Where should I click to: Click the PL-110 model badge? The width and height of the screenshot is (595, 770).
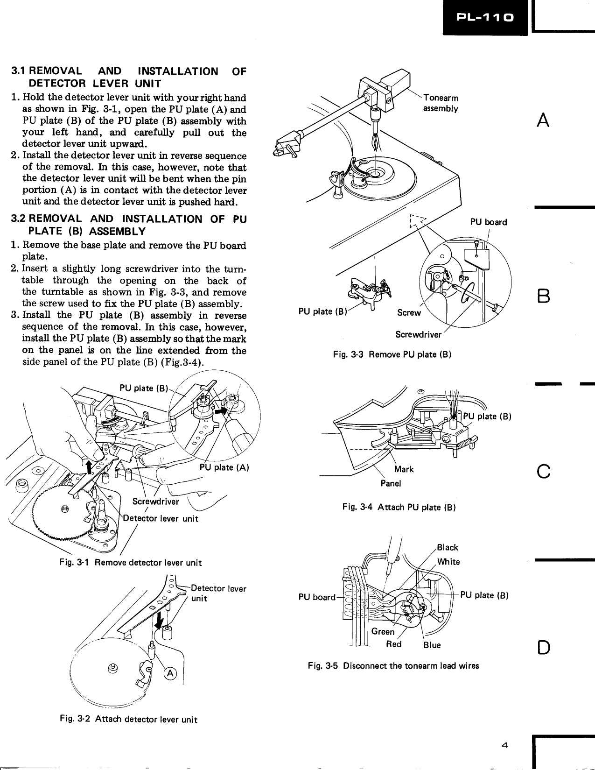pos(485,17)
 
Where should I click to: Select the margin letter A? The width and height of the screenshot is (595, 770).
pos(543,120)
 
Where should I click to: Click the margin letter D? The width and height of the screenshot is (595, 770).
pos(543,648)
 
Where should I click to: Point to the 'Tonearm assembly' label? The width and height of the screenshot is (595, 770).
pos(441,103)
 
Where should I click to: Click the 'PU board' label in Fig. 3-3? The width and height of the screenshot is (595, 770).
pos(488,222)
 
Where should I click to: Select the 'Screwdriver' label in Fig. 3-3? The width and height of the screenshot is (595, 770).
pos(418,334)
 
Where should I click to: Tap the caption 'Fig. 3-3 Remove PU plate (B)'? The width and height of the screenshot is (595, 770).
pos(392,354)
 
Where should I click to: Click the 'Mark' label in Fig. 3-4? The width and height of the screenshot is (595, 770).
pos(404,469)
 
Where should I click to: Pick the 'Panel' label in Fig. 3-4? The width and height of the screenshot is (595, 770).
pos(391,483)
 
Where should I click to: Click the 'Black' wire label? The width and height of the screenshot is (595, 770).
pos(447,547)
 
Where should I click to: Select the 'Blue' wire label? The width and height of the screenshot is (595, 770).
pos(432,645)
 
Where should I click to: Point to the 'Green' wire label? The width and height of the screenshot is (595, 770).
pos(383,631)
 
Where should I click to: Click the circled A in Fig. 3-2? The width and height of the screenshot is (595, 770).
pos(171,673)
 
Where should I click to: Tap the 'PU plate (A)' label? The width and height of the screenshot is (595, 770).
pos(224,467)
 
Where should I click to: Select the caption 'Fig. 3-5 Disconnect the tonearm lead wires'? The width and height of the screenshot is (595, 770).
pos(393,665)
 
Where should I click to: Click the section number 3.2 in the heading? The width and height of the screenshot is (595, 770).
pos(20,219)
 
